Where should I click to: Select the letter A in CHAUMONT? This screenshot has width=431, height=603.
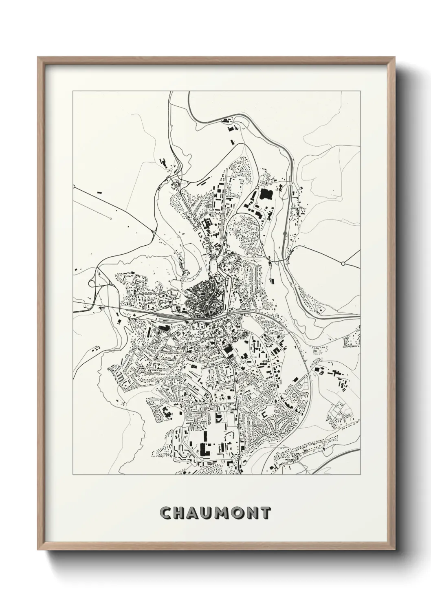point(195,513)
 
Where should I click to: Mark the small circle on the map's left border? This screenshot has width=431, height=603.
point(74,187)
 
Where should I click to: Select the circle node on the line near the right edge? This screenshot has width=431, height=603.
point(343,264)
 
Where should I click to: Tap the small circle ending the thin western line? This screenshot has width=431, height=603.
point(111,219)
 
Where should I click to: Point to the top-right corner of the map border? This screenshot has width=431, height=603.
point(360,91)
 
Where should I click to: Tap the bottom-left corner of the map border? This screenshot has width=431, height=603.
point(73,475)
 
